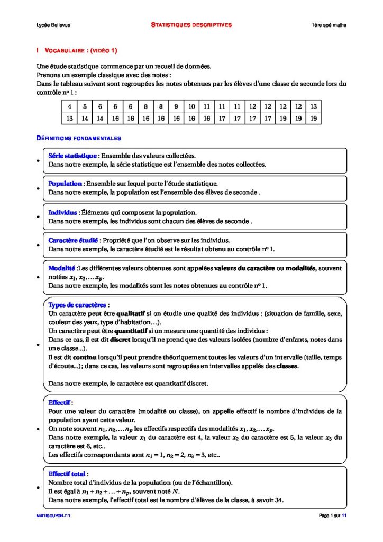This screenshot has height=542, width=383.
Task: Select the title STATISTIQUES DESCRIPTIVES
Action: [x=191, y=25]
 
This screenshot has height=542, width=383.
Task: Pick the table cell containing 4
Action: [x=69, y=106]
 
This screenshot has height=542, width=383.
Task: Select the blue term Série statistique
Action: [x=72, y=156]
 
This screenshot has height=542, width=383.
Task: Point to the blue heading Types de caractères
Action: [x=79, y=305]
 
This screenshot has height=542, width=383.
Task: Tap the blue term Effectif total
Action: [x=68, y=474]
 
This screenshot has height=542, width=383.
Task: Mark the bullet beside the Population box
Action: [x=38, y=188]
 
